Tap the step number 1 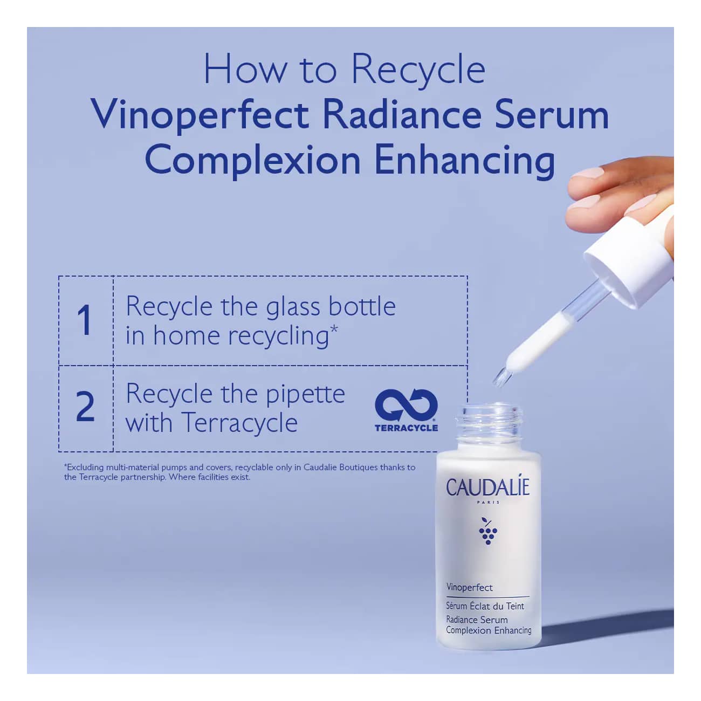tap(85, 320)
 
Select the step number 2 tap(86, 407)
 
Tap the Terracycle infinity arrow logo tap(407, 405)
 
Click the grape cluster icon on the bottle tap(488, 531)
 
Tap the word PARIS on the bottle tap(488, 503)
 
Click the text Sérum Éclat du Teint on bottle tap(485, 606)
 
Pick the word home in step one tap(186, 335)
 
